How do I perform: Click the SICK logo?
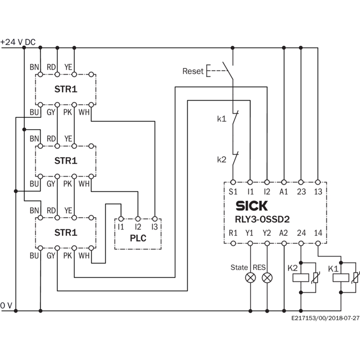pos(252,206)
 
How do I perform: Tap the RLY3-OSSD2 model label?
pos(262,219)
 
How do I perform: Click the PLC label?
pos(138,238)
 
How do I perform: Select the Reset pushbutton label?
pos(193,71)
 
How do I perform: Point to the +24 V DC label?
pos(18,42)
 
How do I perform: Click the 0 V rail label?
pos(6,306)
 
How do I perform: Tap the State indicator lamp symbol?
pos(250,278)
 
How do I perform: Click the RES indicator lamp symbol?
pos(267,278)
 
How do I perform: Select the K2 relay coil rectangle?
pos(301,278)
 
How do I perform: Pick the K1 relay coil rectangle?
pos(341,278)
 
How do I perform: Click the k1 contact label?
pos(222,119)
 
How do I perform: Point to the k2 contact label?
pos(222,159)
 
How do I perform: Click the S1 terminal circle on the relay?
pos(233,182)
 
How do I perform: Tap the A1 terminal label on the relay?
pos(283,192)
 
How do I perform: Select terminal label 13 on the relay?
pos(318,192)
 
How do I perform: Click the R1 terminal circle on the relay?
pos(233,243)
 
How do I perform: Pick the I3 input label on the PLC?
pos(154,227)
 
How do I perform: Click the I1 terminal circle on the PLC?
pos(121,219)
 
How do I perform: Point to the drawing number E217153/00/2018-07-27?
pos(325,318)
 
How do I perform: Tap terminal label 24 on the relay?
pos(301,233)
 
